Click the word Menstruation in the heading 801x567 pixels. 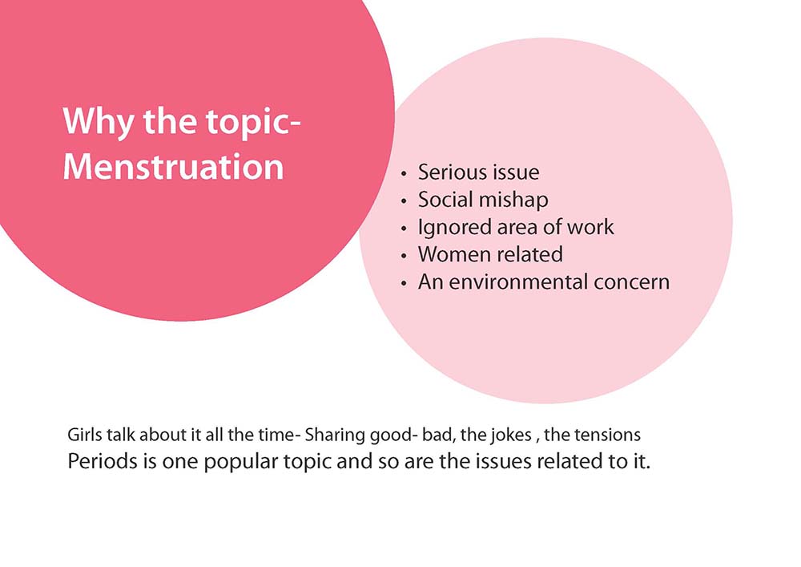173,167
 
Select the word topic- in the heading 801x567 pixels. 253,123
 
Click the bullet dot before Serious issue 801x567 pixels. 404,174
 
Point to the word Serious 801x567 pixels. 450,172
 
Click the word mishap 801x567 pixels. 516,200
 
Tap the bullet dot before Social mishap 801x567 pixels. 404,201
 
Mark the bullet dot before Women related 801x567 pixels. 404,256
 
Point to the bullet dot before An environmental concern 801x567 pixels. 404,284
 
